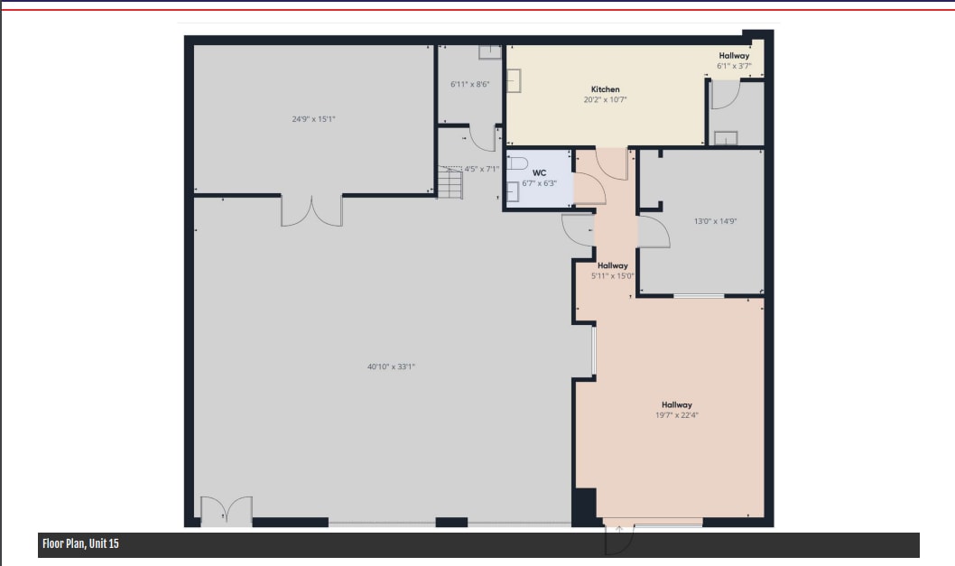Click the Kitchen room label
[x=605, y=89]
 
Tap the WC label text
[x=539, y=172]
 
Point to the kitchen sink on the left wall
[x=515, y=81]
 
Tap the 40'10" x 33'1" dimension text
[x=391, y=367]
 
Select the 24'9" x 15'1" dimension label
[x=313, y=119]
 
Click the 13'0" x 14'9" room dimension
[x=715, y=221]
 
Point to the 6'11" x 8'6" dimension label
[x=469, y=85]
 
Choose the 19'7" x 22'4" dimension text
[x=676, y=415]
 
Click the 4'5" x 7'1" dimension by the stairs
[x=481, y=169]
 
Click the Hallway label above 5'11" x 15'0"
[x=612, y=265]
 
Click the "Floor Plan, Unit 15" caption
[x=80, y=544]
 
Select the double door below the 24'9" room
[x=311, y=210]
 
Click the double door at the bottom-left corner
[x=226, y=511]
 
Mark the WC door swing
[x=589, y=189]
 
